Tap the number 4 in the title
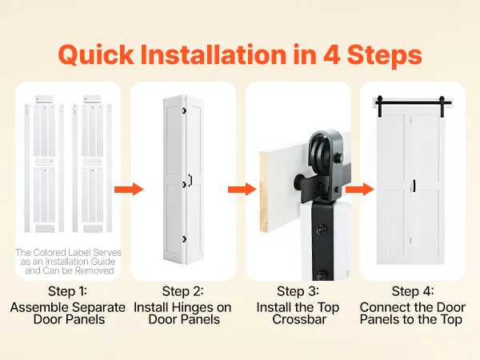click(332, 54)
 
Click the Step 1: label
click(67, 291)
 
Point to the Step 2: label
click(182, 291)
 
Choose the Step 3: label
click(298, 291)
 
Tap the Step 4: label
click(413, 291)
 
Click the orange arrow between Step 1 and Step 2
click(129, 189)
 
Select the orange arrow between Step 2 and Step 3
click(242, 189)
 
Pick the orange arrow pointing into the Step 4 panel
click(360, 189)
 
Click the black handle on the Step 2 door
click(190, 180)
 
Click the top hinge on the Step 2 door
click(184, 110)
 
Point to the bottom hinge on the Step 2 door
click(184, 239)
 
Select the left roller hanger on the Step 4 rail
click(379, 106)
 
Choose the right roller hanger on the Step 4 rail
click(442, 106)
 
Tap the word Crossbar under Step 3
click(299, 319)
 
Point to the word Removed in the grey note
click(94, 270)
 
